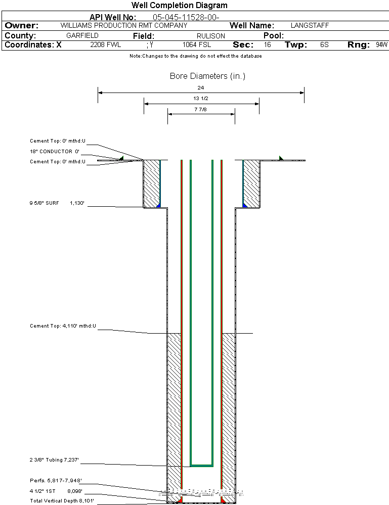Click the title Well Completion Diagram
(x=179, y=6)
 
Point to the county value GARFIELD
(x=82, y=36)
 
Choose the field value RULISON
(x=211, y=36)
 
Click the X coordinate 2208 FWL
(x=106, y=45)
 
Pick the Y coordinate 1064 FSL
(x=197, y=45)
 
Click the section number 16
(x=267, y=45)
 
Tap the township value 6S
(x=324, y=45)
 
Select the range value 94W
(x=381, y=45)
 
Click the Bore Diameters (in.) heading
(x=207, y=76)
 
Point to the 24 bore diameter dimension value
(x=201, y=88)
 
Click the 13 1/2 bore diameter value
(x=201, y=99)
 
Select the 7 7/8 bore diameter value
(x=201, y=109)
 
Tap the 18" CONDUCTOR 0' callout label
(x=55, y=151)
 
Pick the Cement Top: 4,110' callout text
(x=63, y=326)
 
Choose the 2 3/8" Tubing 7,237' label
(x=54, y=460)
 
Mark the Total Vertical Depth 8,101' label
(x=62, y=500)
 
